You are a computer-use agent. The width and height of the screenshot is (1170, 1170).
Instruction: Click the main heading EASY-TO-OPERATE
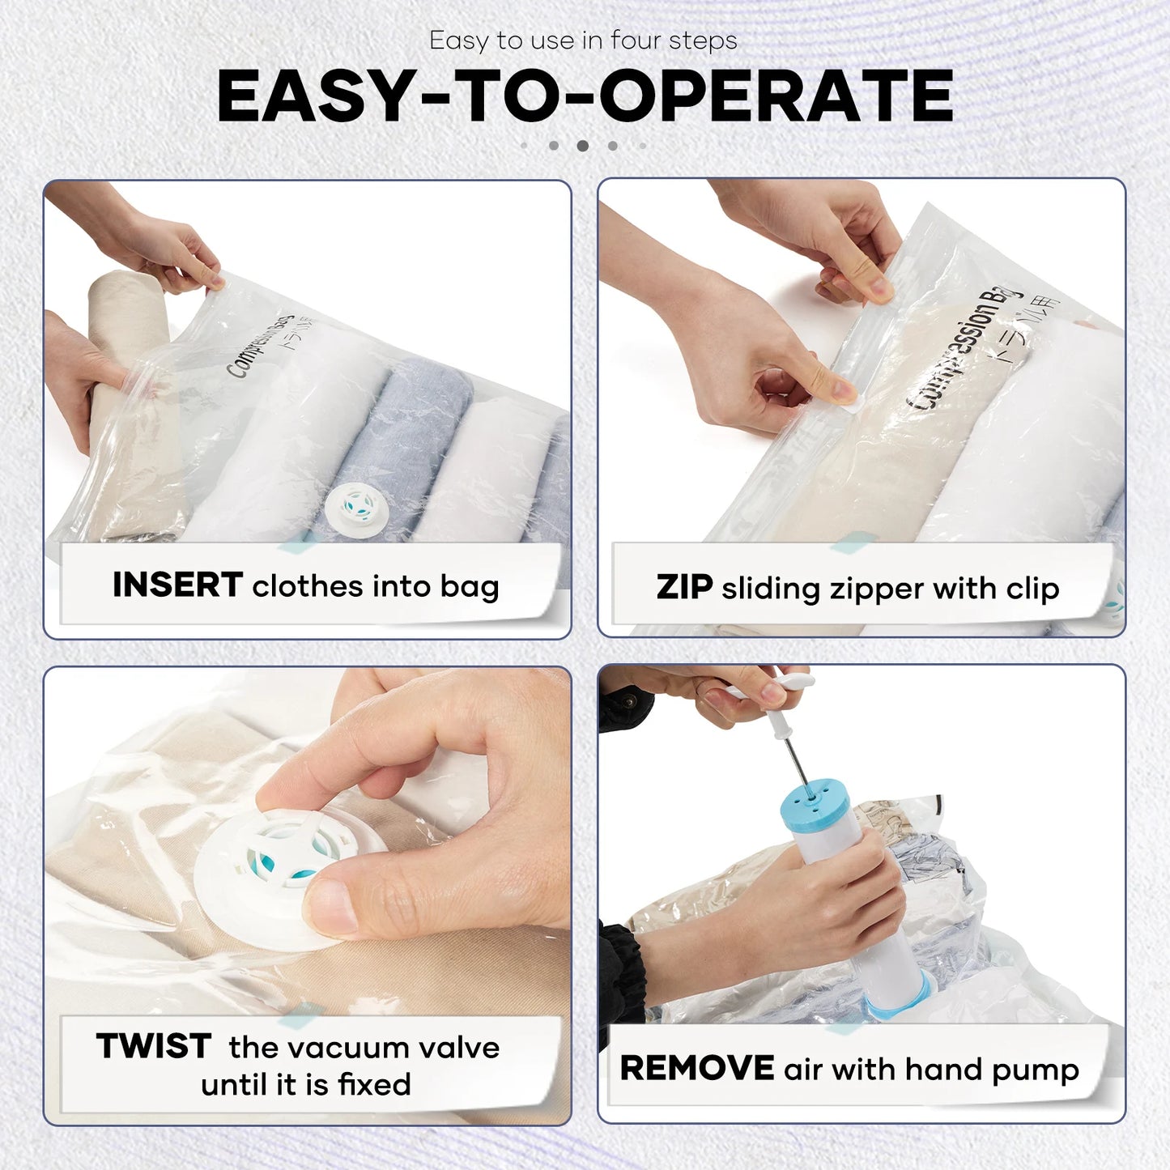[585, 96]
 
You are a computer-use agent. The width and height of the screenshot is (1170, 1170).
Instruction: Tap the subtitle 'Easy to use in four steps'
[583, 40]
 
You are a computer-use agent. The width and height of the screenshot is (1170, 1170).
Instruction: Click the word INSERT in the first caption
[177, 585]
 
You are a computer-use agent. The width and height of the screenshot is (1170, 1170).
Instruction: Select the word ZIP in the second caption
[684, 587]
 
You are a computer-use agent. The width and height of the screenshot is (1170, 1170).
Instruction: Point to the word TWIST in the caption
[154, 1046]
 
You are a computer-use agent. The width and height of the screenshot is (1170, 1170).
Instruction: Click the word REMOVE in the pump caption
[696, 1068]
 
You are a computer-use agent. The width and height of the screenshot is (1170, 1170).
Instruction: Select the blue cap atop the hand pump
[814, 802]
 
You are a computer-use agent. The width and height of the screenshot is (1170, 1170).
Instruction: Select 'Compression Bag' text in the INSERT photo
[259, 346]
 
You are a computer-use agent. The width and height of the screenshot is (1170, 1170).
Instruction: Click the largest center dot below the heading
[582, 146]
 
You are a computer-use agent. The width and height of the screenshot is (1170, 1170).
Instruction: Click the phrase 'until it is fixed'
[306, 1084]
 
